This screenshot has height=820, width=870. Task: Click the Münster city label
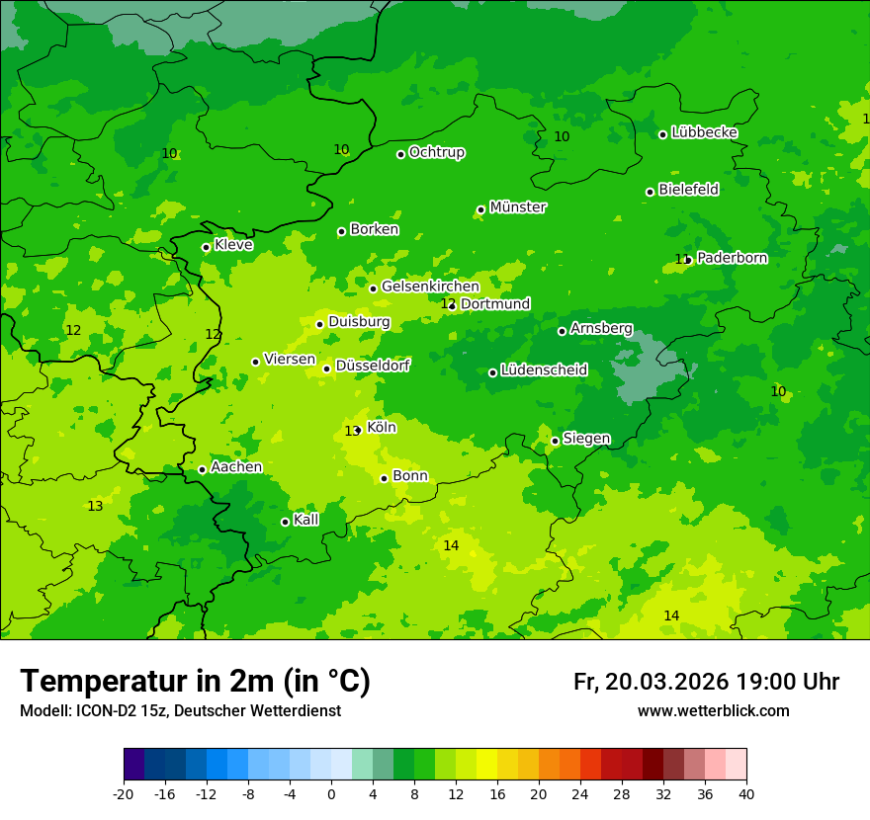(517, 207)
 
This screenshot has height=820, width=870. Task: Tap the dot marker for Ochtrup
(401, 154)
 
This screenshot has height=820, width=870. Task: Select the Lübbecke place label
(704, 132)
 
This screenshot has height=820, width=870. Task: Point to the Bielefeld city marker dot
(650, 192)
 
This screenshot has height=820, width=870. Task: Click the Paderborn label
(732, 258)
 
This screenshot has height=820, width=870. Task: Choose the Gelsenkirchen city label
(430, 287)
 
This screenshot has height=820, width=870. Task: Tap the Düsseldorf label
(373, 366)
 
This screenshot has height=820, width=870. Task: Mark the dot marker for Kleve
(206, 247)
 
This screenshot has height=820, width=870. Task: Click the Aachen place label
(236, 467)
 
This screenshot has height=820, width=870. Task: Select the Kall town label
(306, 520)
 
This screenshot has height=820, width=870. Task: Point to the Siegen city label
(586, 439)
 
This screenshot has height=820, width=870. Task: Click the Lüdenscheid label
(544, 370)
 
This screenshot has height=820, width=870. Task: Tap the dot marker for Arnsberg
(562, 331)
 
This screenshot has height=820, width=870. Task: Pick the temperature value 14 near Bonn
(451, 545)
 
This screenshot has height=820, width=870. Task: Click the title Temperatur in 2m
(195, 681)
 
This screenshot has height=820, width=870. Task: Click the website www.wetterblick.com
(713, 711)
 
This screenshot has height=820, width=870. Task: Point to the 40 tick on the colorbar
(746, 794)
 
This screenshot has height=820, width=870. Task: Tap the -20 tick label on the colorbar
(123, 794)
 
